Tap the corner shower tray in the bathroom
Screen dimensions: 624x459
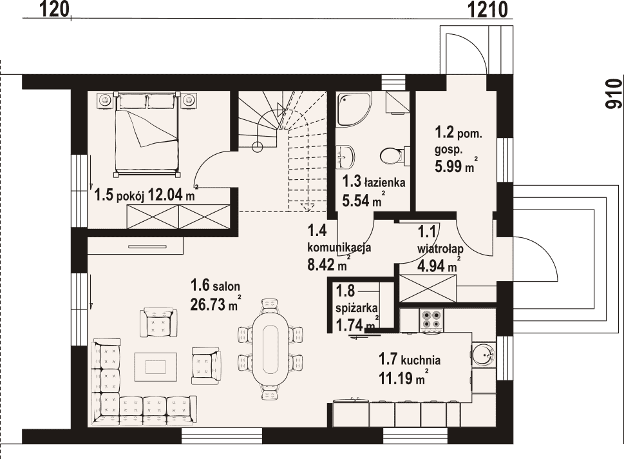click(x=354, y=109)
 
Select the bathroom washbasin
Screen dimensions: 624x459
click(x=345, y=156)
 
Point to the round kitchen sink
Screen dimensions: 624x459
click(x=483, y=353)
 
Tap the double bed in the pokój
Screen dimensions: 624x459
click(x=146, y=134)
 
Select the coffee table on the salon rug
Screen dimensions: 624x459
click(x=156, y=367)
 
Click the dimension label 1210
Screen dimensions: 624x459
click(x=487, y=9)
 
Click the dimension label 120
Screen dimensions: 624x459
click(x=55, y=9)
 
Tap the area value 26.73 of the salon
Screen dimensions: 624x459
click(x=208, y=305)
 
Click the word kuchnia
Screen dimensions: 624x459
click(x=421, y=361)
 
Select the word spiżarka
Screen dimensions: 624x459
click(x=357, y=308)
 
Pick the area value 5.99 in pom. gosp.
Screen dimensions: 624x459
click(x=448, y=166)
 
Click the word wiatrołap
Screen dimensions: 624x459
click(x=440, y=249)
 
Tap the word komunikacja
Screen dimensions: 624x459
click(x=339, y=248)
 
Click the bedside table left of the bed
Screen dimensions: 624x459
click(x=105, y=100)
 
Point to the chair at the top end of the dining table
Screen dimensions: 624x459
click(x=270, y=305)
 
